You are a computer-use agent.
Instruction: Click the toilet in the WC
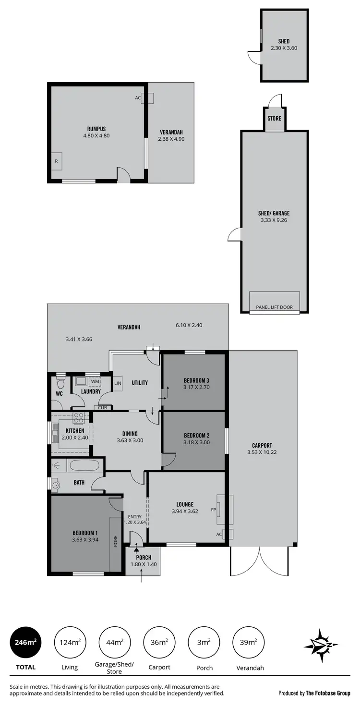pyautogui.click(x=60, y=384)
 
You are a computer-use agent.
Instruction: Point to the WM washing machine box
pyautogui.click(x=95, y=381)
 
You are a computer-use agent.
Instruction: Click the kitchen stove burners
pyautogui.click(x=79, y=418)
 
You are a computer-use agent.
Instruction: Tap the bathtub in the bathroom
pyautogui.click(x=84, y=465)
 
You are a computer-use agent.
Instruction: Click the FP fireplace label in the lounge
pyautogui.click(x=214, y=510)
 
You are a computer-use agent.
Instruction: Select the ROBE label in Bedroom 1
pyautogui.click(x=116, y=542)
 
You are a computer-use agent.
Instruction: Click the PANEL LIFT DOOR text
pyautogui.click(x=275, y=307)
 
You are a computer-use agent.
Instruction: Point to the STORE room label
pyautogui.click(x=275, y=118)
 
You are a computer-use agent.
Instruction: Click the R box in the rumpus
pyautogui.click(x=57, y=161)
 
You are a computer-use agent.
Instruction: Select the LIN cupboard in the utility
pyautogui.click(x=118, y=383)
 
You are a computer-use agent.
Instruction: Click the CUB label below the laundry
pyautogui.click(x=103, y=408)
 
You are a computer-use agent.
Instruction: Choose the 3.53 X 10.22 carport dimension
pyautogui.click(x=262, y=452)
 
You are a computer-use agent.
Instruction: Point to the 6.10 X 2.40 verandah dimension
pyautogui.click(x=189, y=325)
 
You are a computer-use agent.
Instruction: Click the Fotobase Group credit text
pyautogui.click(x=314, y=693)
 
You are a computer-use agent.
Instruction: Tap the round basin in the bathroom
pyautogui.click(x=56, y=485)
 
